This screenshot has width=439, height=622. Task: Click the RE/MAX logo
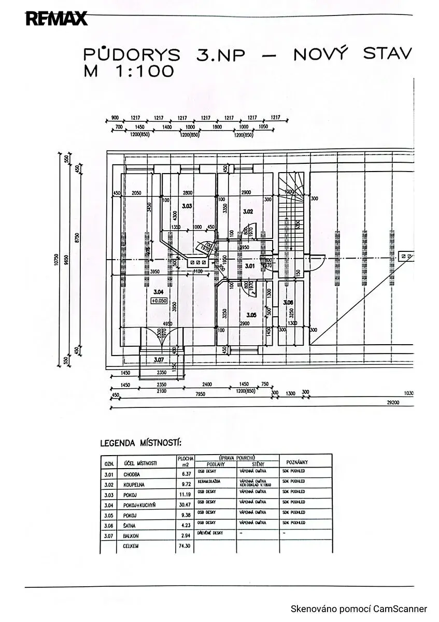(56, 19)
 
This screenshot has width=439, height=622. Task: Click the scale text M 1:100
(129, 72)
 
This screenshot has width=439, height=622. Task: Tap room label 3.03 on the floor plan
(187, 206)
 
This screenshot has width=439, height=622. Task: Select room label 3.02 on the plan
(248, 211)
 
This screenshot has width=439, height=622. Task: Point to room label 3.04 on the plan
(158, 291)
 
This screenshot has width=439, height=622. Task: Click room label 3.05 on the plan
(251, 315)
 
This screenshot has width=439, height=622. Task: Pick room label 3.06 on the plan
(288, 302)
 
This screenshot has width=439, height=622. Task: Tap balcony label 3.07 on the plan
(159, 359)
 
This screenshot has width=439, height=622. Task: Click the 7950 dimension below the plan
(201, 394)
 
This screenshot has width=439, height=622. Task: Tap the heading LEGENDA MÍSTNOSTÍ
(140, 444)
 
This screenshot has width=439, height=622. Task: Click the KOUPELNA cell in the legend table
(134, 485)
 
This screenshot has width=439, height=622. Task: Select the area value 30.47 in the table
(185, 505)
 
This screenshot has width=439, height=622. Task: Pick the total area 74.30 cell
(185, 546)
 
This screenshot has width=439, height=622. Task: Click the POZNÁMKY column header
(297, 462)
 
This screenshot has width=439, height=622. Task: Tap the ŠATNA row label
(130, 526)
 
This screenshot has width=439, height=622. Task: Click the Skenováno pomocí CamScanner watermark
(359, 609)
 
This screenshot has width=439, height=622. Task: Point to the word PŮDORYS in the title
(132, 54)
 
